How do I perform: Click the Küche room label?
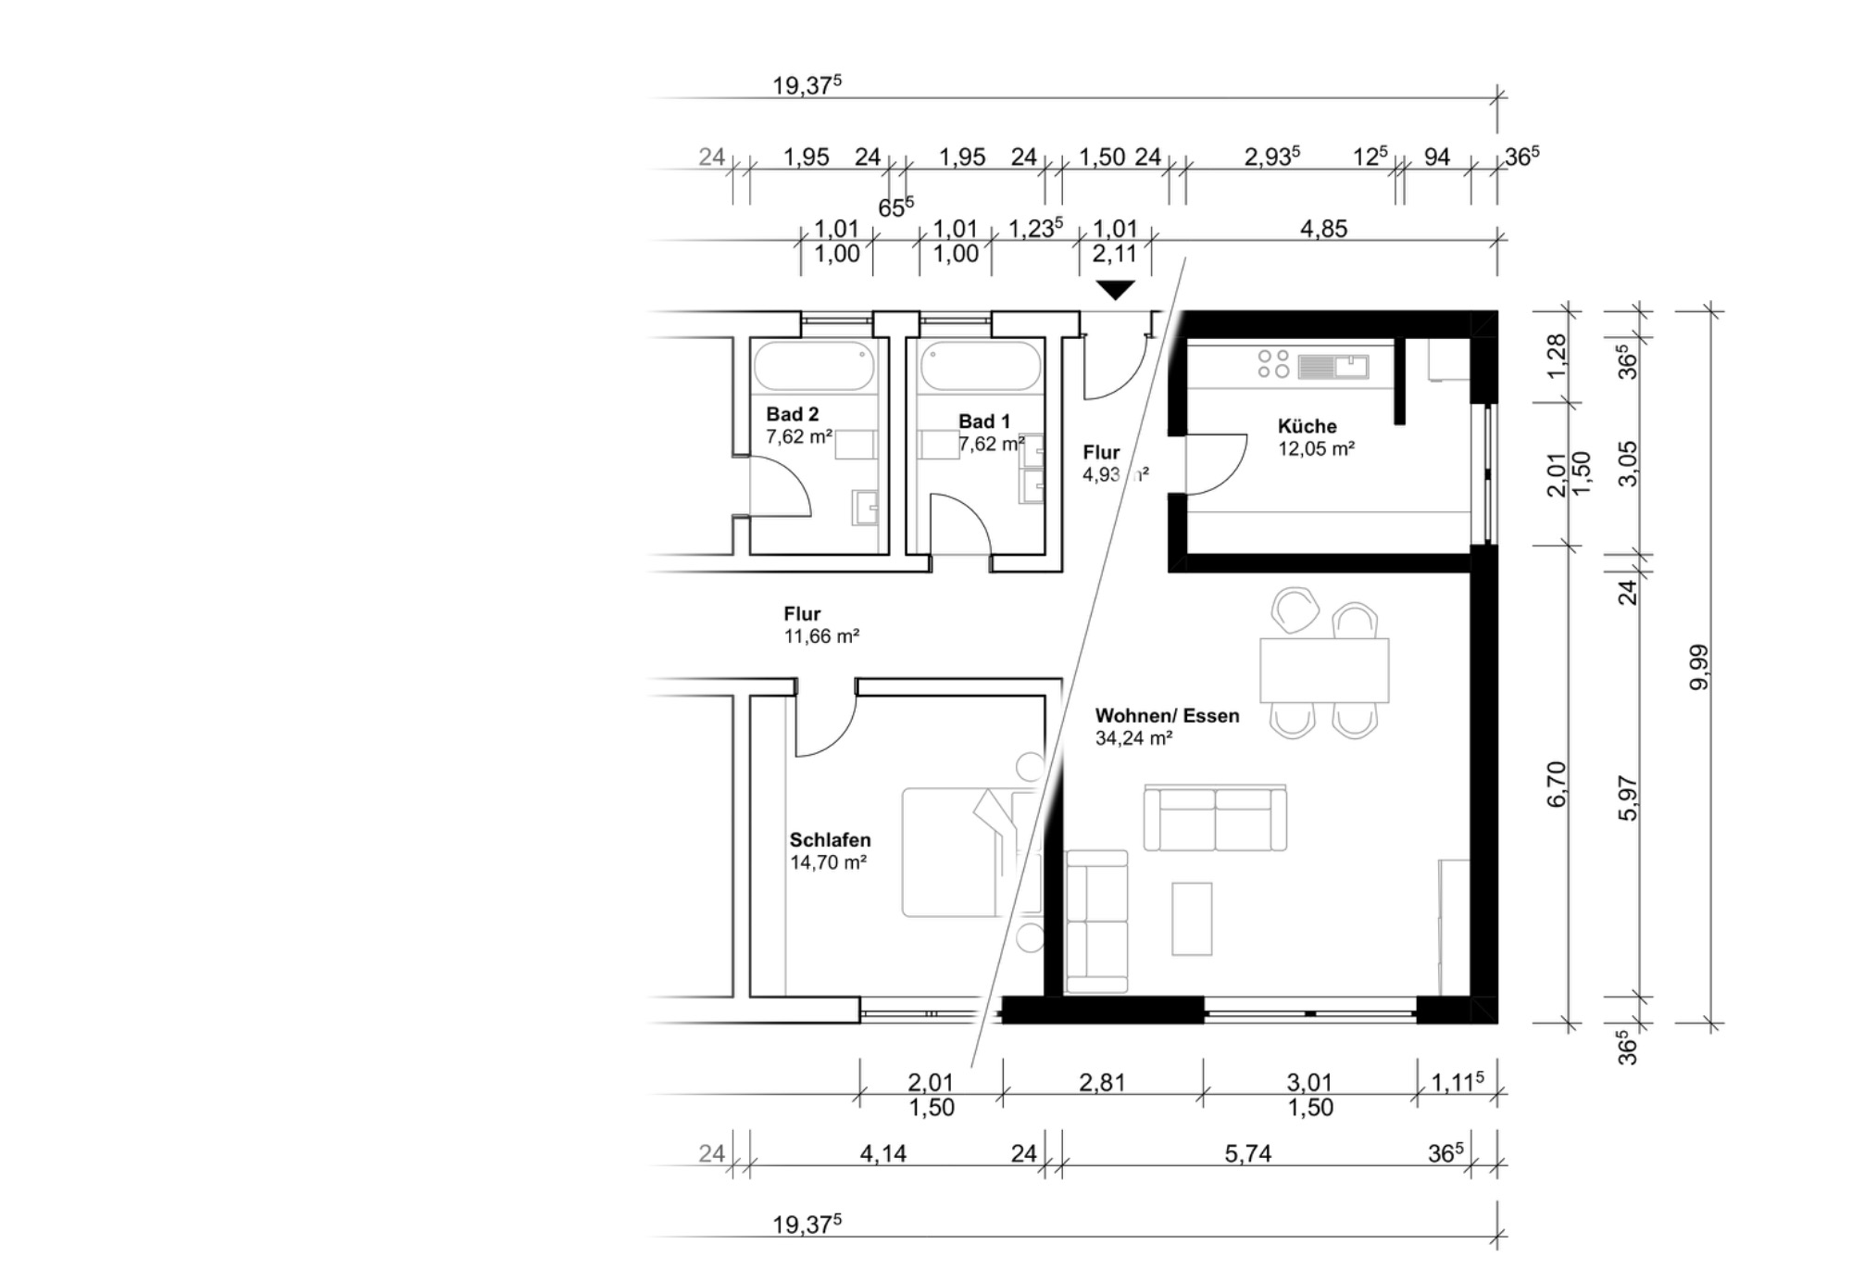click(x=1307, y=426)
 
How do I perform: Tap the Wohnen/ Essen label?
click(x=1167, y=715)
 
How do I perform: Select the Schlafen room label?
click(x=830, y=840)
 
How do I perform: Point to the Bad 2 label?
click(x=792, y=414)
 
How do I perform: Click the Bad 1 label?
click(x=984, y=421)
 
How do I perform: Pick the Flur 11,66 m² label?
click(x=821, y=625)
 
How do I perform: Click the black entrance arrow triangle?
click(x=1115, y=290)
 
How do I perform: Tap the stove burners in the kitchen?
click(x=1273, y=363)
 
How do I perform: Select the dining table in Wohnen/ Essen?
click(x=1324, y=670)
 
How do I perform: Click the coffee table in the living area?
click(x=1192, y=918)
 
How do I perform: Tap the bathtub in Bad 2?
click(x=814, y=365)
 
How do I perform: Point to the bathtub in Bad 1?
click(x=981, y=365)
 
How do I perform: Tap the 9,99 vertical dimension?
click(x=1699, y=667)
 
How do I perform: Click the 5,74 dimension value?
click(x=1247, y=1153)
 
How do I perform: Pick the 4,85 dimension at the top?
click(x=1323, y=229)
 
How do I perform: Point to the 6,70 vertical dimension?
click(x=1557, y=784)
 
